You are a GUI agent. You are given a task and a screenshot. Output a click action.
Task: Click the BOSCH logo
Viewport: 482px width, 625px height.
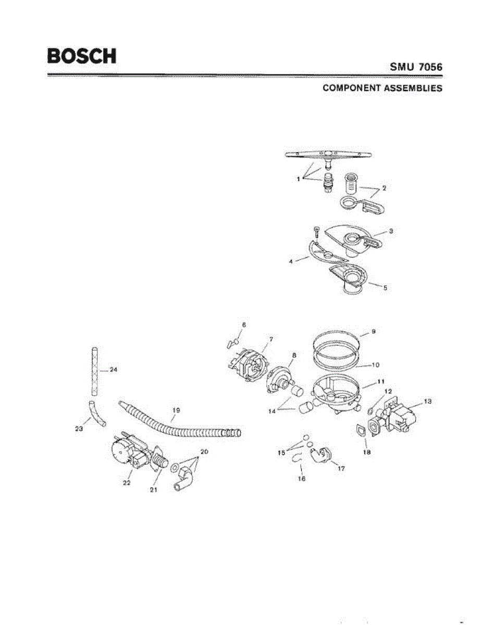(82, 56)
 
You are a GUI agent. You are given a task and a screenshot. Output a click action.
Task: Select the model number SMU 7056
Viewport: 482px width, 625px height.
(416, 67)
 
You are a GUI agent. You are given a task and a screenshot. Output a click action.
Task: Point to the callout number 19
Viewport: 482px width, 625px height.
(176, 410)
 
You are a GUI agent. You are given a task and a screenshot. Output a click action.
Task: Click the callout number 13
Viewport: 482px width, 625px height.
(428, 402)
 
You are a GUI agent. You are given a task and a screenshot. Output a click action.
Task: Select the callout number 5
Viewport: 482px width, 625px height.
(385, 287)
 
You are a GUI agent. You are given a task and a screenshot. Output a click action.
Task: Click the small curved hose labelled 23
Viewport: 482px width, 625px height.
(96, 414)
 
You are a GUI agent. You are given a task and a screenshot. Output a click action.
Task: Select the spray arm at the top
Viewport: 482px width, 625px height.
(327, 155)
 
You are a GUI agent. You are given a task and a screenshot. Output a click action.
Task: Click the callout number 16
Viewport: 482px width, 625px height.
(301, 478)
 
